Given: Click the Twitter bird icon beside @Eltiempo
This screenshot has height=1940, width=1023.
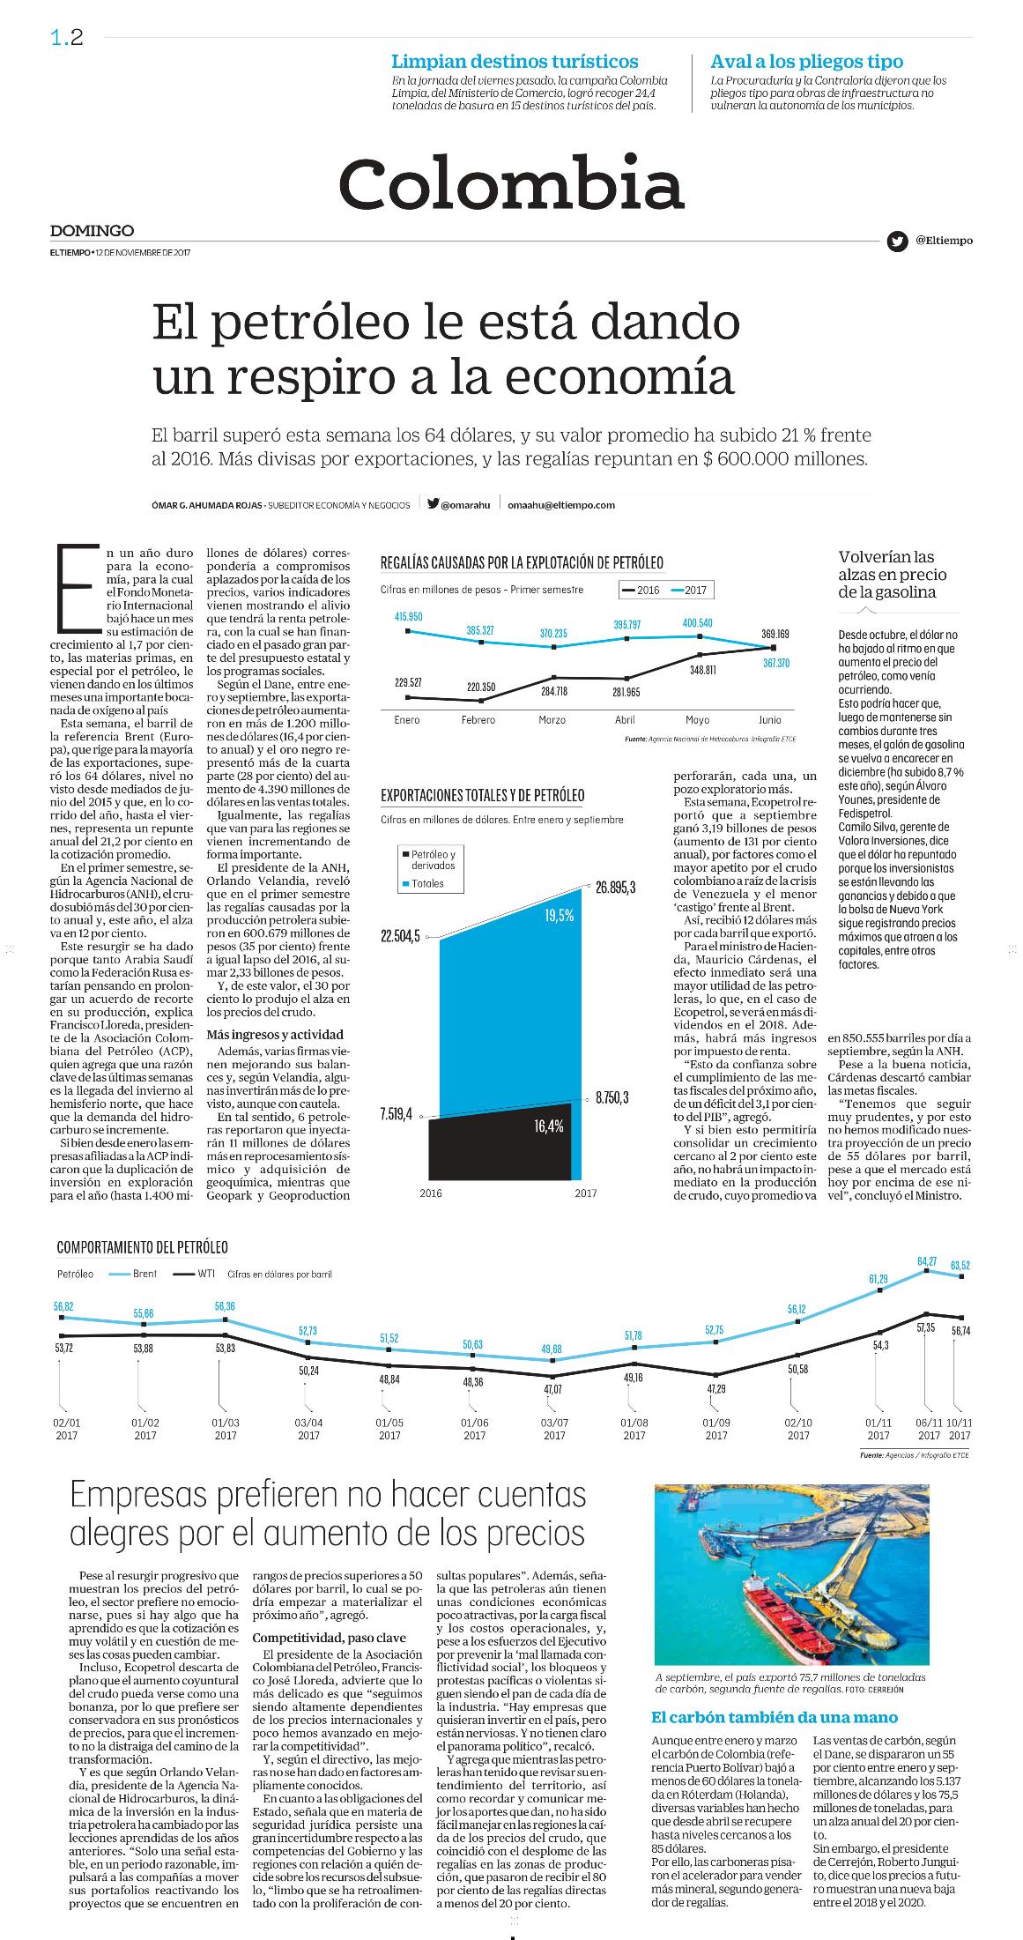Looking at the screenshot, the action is pos(897,241).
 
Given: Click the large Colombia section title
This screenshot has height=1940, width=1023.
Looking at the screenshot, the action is pos(511,182).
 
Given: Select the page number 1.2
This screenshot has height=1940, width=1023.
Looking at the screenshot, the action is pos(67,37).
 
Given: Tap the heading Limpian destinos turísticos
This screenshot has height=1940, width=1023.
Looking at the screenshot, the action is pos(515,62).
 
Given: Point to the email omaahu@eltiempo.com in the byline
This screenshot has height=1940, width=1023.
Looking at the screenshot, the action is pos(561,505).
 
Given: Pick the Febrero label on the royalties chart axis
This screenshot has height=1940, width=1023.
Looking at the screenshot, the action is pos(479,720).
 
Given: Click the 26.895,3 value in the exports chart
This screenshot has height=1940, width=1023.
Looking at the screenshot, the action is pos(615,887).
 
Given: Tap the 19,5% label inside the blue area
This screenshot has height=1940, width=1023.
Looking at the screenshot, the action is pos(559,916).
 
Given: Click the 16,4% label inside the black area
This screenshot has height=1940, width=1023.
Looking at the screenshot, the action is pos(548,1126).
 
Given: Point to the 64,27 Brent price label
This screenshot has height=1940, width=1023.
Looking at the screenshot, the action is pos(926,1262).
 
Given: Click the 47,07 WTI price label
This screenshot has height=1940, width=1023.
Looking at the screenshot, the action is pos(552,1389).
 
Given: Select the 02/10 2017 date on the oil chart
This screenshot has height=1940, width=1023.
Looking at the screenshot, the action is pos(797,1430).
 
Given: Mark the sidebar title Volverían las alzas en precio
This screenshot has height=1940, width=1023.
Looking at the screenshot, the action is pos(893,575).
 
